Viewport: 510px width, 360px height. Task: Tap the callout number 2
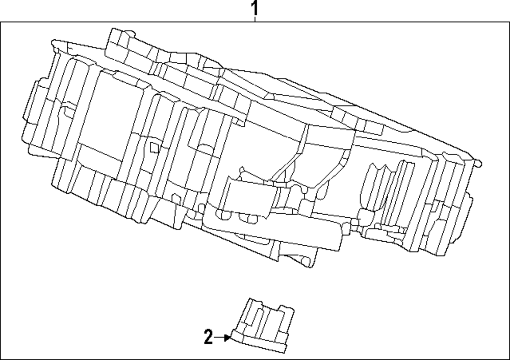point(208,338)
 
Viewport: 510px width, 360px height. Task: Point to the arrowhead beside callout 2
point(228,337)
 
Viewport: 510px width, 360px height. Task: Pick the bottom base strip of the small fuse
point(260,345)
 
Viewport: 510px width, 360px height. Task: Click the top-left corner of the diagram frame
point(1,22)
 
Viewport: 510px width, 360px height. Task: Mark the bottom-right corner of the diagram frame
point(508,358)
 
